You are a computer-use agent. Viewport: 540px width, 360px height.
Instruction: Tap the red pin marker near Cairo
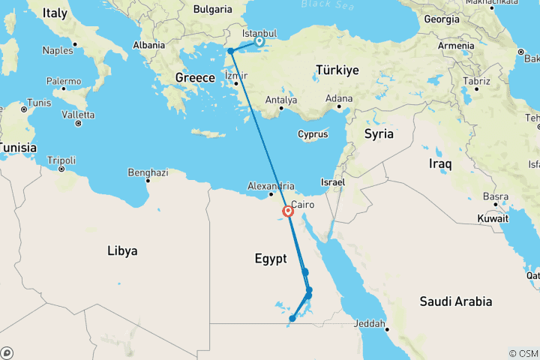click(x=288, y=211)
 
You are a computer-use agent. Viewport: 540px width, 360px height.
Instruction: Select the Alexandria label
click(x=271, y=185)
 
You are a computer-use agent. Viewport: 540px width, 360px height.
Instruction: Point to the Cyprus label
click(x=313, y=135)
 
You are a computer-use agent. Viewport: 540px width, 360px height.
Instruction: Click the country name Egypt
click(x=270, y=259)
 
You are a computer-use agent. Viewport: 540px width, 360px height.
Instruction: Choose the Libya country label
click(x=121, y=251)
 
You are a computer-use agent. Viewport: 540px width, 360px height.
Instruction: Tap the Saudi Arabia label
click(x=455, y=301)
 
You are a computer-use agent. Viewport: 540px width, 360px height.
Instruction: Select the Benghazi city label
click(x=147, y=172)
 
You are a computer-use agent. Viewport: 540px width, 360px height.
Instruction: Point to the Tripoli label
click(x=61, y=160)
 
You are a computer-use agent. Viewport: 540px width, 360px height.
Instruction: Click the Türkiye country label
click(x=338, y=70)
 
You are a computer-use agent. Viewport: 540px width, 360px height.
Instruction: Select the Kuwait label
click(x=493, y=217)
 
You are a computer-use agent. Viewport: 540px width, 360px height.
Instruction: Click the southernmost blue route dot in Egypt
click(x=292, y=319)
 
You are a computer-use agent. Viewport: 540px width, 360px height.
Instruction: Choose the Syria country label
click(x=379, y=134)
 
